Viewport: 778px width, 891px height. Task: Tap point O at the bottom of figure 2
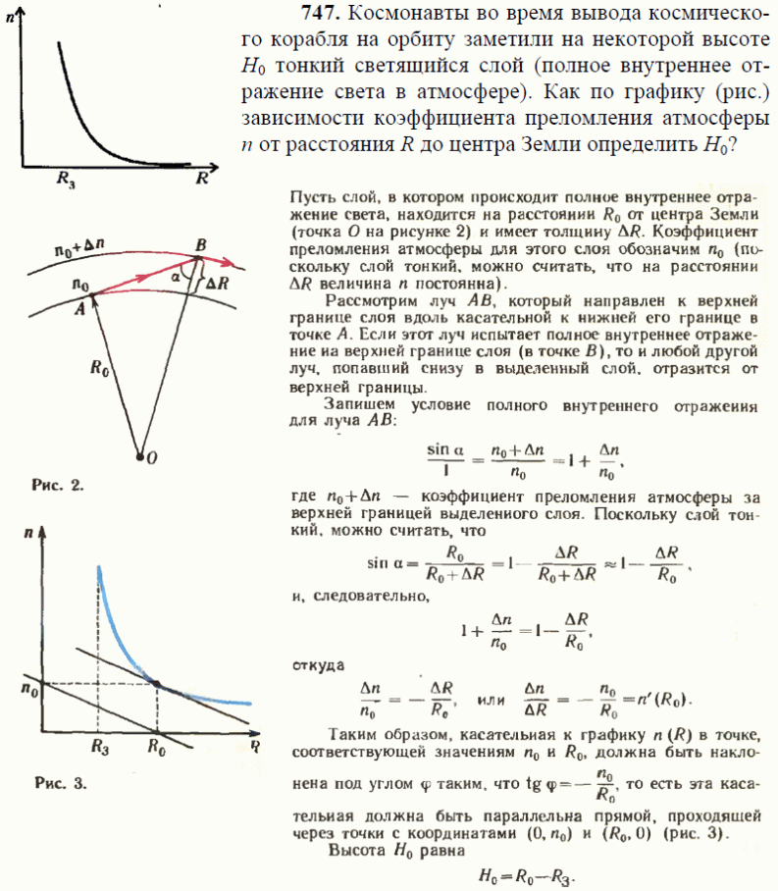(141, 456)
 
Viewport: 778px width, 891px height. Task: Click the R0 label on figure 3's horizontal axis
(156, 746)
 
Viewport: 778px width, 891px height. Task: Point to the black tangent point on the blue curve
(157, 681)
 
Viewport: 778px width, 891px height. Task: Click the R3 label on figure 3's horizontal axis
(98, 746)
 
